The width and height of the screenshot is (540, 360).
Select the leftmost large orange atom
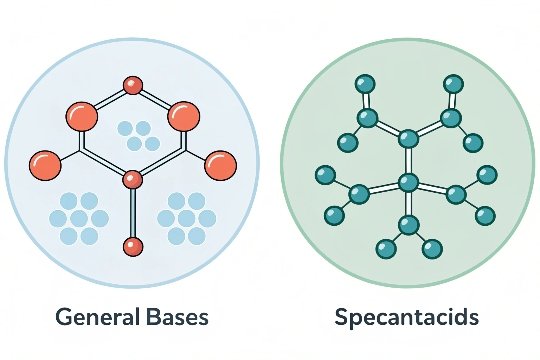pyautogui.click(x=45, y=161)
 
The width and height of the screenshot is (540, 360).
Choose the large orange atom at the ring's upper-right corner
pyautogui.click(x=183, y=115)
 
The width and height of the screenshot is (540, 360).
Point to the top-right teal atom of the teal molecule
pyautogui.click(x=453, y=83)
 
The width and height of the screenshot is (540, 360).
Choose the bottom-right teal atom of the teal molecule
pyautogui.click(x=433, y=249)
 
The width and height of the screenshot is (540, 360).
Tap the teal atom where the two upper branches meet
pyautogui.click(x=408, y=138)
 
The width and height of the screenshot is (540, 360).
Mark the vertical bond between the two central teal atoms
pyautogui.click(x=408, y=160)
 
